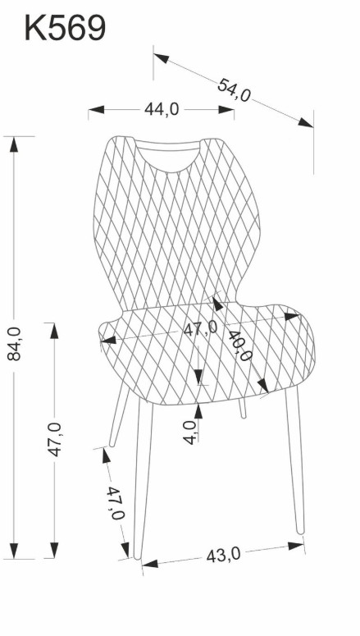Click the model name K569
pyautogui.click(x=66, y=28)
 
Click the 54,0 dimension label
pyautogui.click(x=234, y=90)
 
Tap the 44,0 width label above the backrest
pyautogui.click(x=162, y=109)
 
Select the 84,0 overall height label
pyautogui.click(x=14, y=343)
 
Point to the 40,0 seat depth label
pyautogui.click(x=240, y=345)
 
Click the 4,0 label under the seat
pyautogui.click(x=190, y=432)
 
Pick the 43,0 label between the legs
pyautogui.click(x=223, y=555)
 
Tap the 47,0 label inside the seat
pyautogui.click(x=200, y=327)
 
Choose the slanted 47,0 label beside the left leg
pyautogui.click(x=115, y=503)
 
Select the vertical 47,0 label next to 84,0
pyautogui.click(x=55, y=439)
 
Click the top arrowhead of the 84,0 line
pyautogui.click(x=14, y=144)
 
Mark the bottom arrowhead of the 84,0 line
pyautogui.click(x=14, y=551)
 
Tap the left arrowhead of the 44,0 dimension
pyautogui.click(x=96, y=109)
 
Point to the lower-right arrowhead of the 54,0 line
pyautogui.click(x=306, y=122)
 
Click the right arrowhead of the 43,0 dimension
pyautogui.click(x=296, y=546)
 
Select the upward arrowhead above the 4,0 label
pyautogui.click(x=198, y=411)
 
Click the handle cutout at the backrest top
pyautogui.click(x=167, y=155)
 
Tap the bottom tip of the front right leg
pyautogui.click(x=300, y=531)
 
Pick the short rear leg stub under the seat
pyautogui.click(x=242, y=409)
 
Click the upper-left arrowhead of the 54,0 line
pyautogui.click(x=162, y=58)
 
